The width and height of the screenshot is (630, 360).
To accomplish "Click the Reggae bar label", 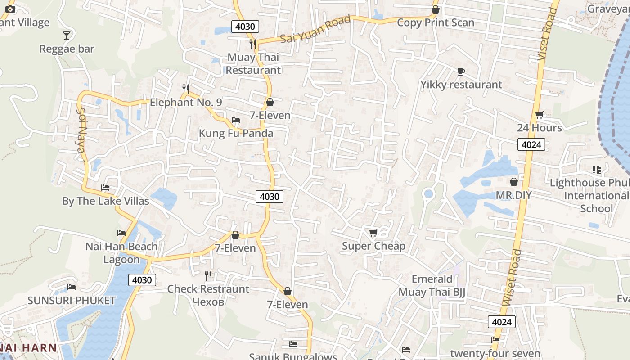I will coord(67,49).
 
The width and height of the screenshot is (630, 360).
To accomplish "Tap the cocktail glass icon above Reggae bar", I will coord(67,35).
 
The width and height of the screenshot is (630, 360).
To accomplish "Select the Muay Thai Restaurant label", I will coord(253,64).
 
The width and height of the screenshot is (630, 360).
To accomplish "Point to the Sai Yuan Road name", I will coord(315,30).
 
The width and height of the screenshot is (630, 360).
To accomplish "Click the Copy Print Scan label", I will coord(435,22).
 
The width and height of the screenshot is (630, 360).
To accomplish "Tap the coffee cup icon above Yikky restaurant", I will coord(461,72).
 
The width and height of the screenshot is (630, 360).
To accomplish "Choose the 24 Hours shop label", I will coord(539,128).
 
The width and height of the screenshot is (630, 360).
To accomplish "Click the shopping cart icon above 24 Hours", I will coord(539,115).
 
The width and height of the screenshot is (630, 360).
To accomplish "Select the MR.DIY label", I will coord(513,195).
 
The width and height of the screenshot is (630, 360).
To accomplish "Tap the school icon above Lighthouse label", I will coord(597,170).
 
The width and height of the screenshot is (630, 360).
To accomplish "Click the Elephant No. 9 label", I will coord(186,103).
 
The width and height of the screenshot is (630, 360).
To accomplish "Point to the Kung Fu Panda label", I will coord(236,134).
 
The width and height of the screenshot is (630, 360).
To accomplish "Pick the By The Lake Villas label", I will coord(105,201).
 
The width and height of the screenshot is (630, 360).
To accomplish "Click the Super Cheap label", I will coord(373,246).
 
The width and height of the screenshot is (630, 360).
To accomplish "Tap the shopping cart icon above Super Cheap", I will coord(373,233).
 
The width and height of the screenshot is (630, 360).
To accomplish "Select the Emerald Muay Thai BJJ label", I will coord(432,286).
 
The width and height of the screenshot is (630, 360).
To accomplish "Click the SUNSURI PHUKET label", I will coord(72,301).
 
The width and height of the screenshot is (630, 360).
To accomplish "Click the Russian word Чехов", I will coord(208,301).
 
